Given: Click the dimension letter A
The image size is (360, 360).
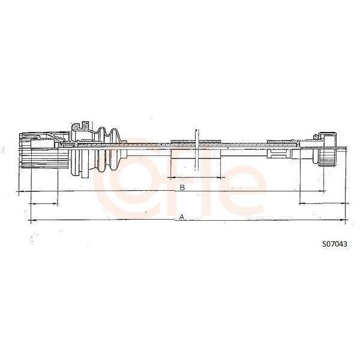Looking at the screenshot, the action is pyautogui.click(x=182, y=217).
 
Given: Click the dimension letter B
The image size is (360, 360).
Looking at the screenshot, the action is pyautogui.click(x=182, y=187).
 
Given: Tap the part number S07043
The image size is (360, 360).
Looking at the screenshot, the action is pyautogui.click(x=335, y=244).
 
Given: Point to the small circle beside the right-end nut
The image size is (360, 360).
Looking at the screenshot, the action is pyautogui.click(x=316, y=137).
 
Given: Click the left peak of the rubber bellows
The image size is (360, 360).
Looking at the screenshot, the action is pyautogui.click(x=101, y=129).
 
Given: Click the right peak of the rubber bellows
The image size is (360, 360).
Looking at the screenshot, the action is pyautogui.click(x=113, y=130).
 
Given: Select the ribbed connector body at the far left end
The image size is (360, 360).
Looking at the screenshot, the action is pyautogui.click(x=44, y=151).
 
